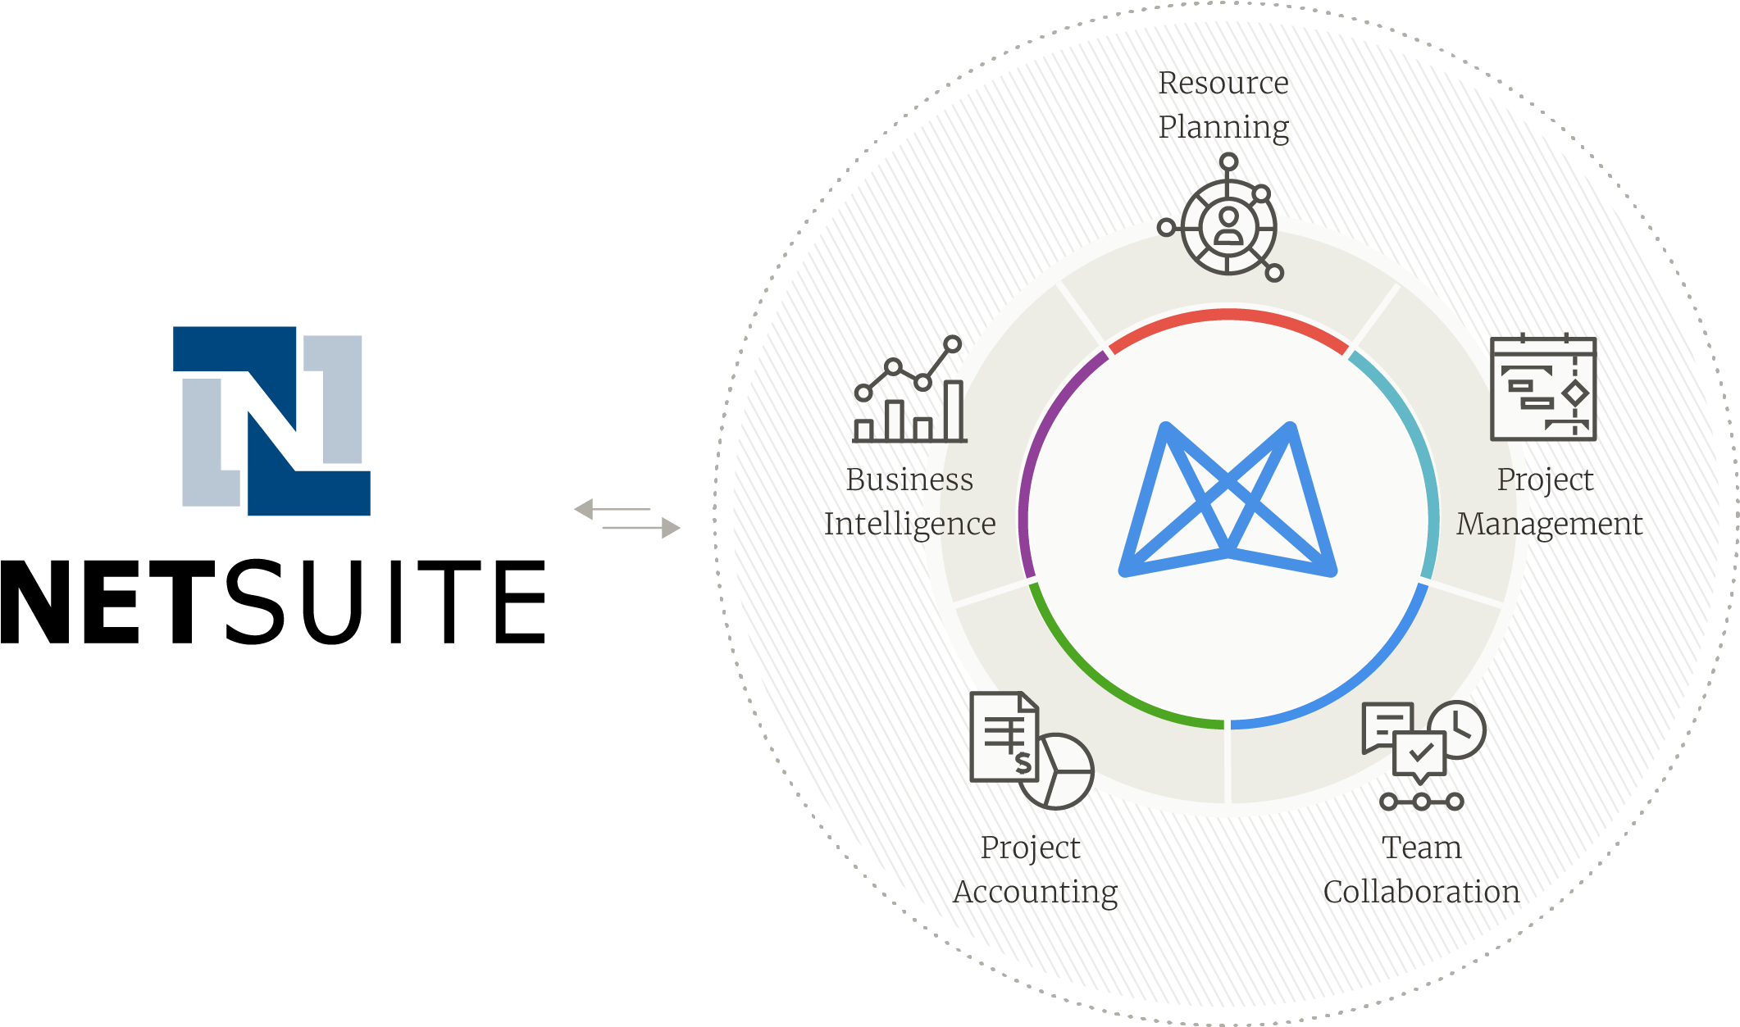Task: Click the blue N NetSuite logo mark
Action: (271, 420)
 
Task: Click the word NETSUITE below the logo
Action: (273, 602)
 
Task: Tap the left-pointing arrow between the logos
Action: (613, 509)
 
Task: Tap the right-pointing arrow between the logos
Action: (641, 528)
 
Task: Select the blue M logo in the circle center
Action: (1228, 499)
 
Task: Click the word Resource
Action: (1223, 83)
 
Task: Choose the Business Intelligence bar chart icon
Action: (909, 389)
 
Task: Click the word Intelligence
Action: (909, 525)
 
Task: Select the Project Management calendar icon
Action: (1543, 387)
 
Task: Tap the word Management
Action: (1549, 525)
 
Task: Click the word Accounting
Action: (1035, 893)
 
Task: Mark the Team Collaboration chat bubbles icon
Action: (1423, 755)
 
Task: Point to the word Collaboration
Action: (1421, 892)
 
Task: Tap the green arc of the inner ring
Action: (1103, 681)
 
